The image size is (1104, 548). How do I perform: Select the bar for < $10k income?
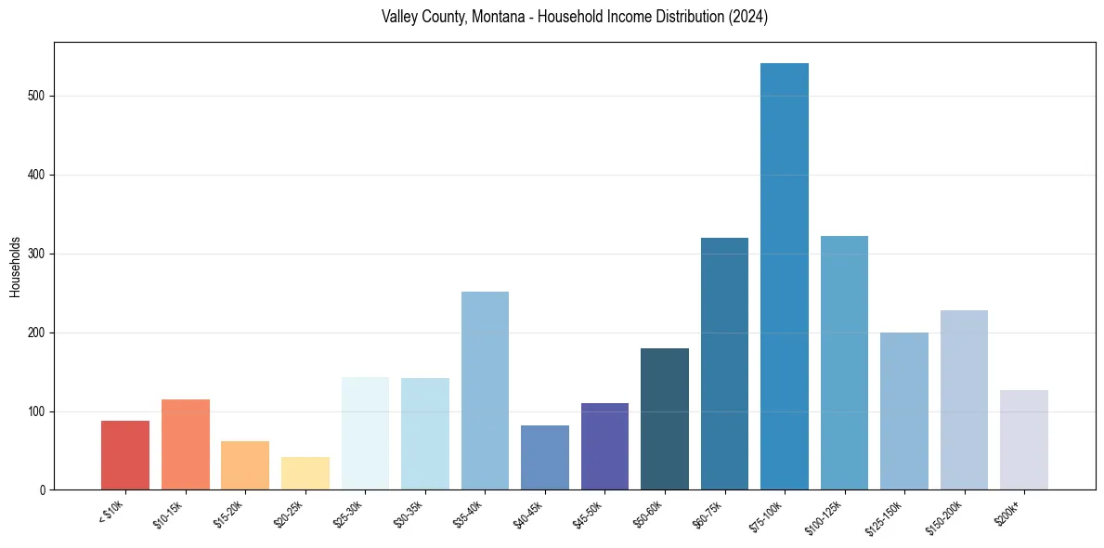[125, 455]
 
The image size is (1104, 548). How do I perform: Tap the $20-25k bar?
[305, 473]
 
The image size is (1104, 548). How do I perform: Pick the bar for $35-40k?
[485, 390]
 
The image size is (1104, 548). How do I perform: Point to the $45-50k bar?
[604, 446]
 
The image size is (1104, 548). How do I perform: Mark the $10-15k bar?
[185, 444]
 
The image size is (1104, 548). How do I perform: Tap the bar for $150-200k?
[964, 399]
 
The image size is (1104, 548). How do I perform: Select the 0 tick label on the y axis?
[42, 489]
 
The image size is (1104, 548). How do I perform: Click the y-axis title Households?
[15, 267]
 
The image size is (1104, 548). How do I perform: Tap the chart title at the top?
[574, 18]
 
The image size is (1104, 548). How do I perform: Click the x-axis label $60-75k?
[712, 513]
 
